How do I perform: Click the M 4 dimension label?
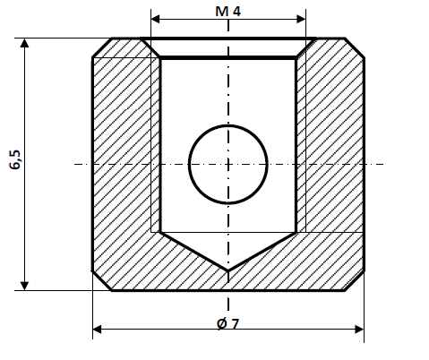click(x=228, y=11)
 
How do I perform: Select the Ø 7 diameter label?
click(x=228, y=323)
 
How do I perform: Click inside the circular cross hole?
click(x=228, y=163)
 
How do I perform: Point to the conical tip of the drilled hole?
click(x=228, y=267)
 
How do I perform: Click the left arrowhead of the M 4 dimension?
click(x=155, y=18)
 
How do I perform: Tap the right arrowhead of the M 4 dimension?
click(x=302, y=18)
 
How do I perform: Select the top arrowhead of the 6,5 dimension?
click(x=25, y=43)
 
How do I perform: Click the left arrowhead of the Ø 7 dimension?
click(x=98, y=330)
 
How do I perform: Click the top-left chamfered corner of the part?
click(x=101, y=47)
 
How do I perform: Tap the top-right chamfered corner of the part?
click(x=356, y=47)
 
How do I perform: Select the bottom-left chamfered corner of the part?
click(x=101, y=281)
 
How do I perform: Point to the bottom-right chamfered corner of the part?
click(x=356, y=281)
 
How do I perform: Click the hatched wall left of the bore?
click(x=125, y=161)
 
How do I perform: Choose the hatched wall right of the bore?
click(x=331, y=161)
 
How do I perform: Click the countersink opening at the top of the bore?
click(x=228, y=47)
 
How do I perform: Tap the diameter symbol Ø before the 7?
click(x=221, y=323)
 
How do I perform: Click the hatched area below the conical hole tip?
click(x=228, y=279)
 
